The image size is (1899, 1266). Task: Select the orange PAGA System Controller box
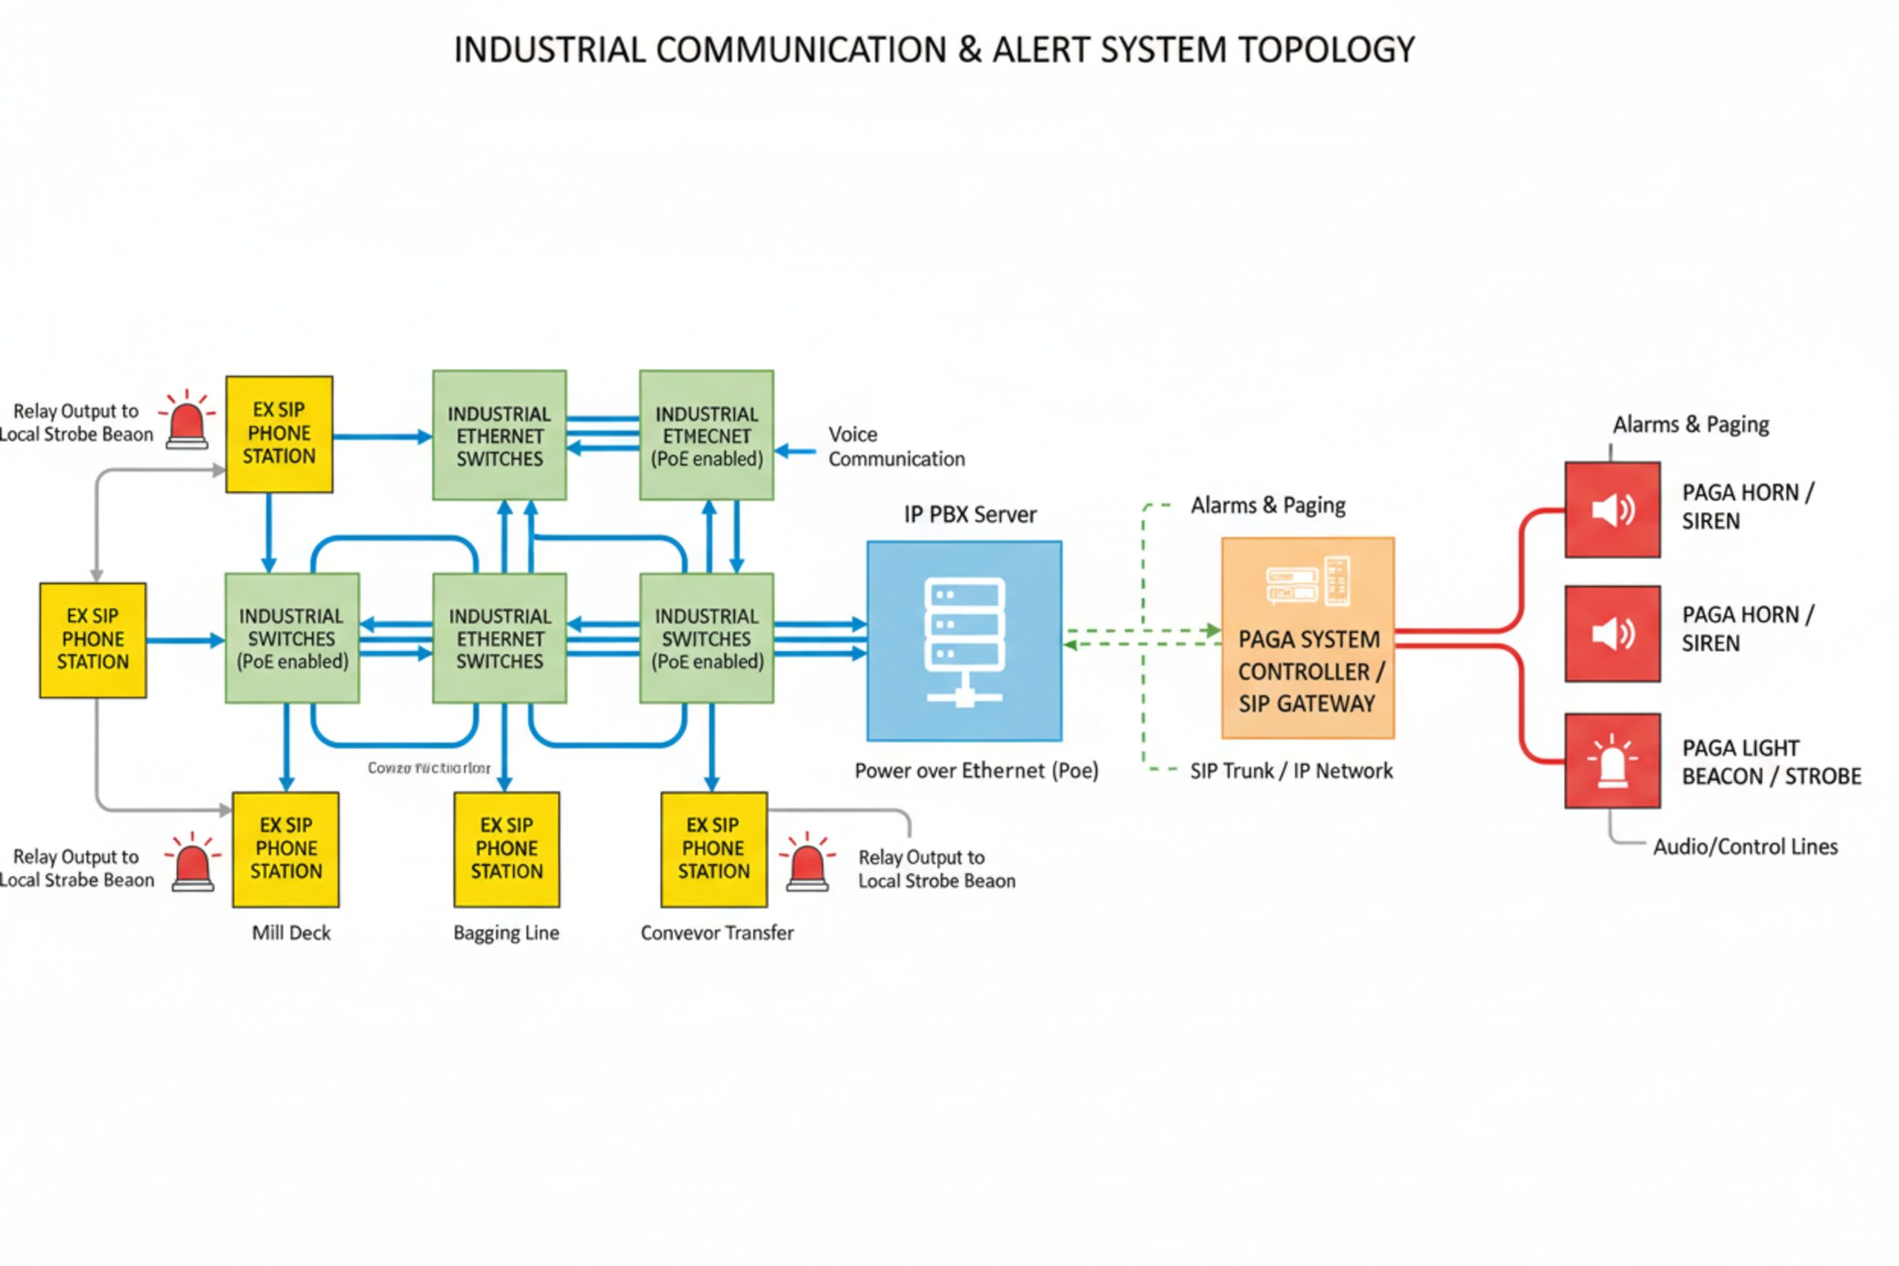click(1307, 638)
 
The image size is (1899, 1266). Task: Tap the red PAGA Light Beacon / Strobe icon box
click(1613, 761)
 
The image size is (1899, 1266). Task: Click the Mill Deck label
click(291, 932)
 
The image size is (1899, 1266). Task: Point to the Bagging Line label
click(506, 932)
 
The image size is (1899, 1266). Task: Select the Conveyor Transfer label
click(717, 932)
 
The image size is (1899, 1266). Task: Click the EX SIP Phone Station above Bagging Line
click(506, 848)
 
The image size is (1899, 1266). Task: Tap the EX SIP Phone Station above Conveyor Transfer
click(714, 848)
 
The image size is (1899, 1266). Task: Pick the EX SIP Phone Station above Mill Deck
click(286, 848)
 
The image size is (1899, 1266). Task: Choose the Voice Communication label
click(895, 446)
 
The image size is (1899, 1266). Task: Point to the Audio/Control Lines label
click(1745, 846)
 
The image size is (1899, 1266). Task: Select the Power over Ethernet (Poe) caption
click(976, 771)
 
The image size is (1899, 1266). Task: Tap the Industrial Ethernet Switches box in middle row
click(499, 638)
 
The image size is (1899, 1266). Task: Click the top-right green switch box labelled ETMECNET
click(706, 435)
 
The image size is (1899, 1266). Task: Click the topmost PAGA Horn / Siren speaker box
click(1613, 510)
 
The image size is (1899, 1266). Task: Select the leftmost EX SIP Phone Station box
click(93, 639)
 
